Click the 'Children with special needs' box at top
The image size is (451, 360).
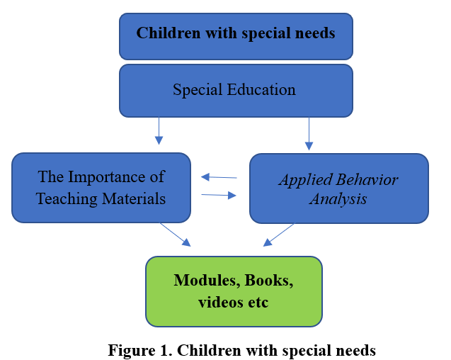coord(236,33)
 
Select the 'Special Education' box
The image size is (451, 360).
coord(236,90)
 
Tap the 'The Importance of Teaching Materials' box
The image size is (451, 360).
coord(101,188)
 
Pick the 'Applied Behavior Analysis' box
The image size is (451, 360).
coord(338,189)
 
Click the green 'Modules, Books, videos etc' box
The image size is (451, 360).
coord(234,291)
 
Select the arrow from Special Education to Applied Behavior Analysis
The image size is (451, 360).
coord(309,133)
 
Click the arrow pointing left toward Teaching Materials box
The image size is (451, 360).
coord(219,177)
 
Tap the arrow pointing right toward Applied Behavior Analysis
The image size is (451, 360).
coord(219,195)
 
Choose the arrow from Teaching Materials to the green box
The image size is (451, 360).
coord(175,235)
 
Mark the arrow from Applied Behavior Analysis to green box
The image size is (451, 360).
coord(279,235)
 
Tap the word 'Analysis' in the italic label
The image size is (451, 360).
coord(339,199)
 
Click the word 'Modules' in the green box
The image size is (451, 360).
coord(202,280)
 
